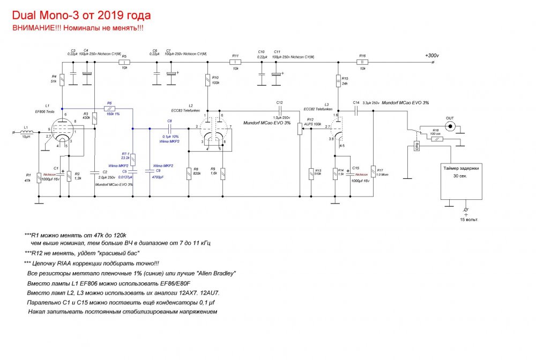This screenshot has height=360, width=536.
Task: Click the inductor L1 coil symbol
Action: point(27,132)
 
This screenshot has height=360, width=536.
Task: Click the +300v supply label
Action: point(431,55)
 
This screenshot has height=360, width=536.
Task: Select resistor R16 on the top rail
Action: point(362,62)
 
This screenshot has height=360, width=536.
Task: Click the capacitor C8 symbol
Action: point(169,129)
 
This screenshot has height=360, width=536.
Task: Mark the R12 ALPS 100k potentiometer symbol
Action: point(300,130)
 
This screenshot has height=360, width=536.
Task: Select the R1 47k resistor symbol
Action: point(40,177)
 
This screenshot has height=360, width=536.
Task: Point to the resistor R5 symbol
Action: point(124,62)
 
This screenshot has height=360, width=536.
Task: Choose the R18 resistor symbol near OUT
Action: point(437,139)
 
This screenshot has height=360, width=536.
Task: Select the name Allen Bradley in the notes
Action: point(217,273)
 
